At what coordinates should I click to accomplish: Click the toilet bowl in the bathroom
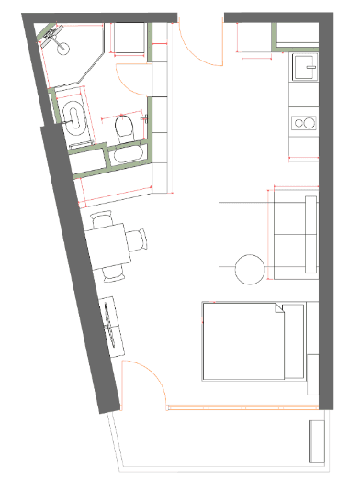pyautogui.click(x=126, y=128)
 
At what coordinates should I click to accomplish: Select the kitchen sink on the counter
pyautogui.click(x=302, y=67)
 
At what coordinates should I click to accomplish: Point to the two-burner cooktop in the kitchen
pyautogui.click(x=302, y=122)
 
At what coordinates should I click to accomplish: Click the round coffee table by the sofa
pyautogui.click(x=251, y=270)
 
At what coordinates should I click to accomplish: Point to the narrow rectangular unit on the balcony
pyautogui.click(x=317, y=444)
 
